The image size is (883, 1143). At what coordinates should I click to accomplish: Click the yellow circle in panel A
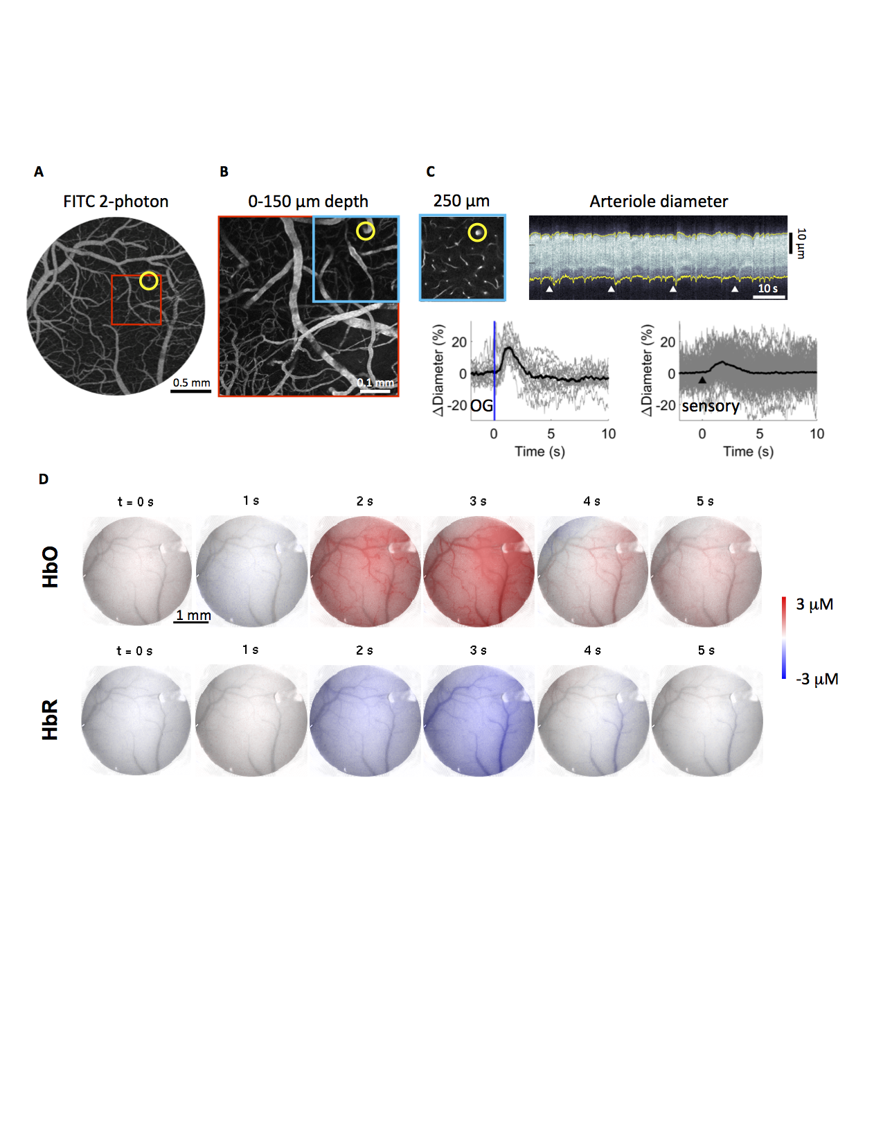[148, 281]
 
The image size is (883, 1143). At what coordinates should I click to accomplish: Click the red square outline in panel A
[136, 276]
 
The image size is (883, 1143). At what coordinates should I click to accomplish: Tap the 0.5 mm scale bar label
[191, 382]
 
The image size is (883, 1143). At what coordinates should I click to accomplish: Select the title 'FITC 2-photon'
[116, 202]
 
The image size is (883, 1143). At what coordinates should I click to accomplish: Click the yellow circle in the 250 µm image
[477, 233]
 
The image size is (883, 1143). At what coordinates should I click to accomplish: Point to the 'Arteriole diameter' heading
[658, 202]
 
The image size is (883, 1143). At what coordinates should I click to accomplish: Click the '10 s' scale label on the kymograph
[767, 288]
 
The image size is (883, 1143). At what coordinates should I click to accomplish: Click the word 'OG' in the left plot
[481, 406]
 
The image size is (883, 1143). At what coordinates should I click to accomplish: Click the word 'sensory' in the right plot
[710, 406]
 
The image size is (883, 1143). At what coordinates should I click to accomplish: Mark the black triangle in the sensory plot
[702, 380]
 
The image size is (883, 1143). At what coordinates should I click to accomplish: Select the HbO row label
[50, 567]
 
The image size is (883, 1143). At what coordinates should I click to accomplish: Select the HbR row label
[50, 719]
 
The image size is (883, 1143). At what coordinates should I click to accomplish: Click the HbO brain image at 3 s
[479, 571]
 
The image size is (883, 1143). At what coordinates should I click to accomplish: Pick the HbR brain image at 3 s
[479, 720]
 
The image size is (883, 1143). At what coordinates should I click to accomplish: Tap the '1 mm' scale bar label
[193, 615]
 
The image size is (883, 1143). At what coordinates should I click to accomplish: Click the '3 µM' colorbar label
[814, 605]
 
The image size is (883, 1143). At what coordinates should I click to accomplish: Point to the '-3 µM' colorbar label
[817, 679]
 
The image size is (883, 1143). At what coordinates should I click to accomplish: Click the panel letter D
[44, 479]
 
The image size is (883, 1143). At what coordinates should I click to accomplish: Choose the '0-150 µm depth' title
[308, 202]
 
